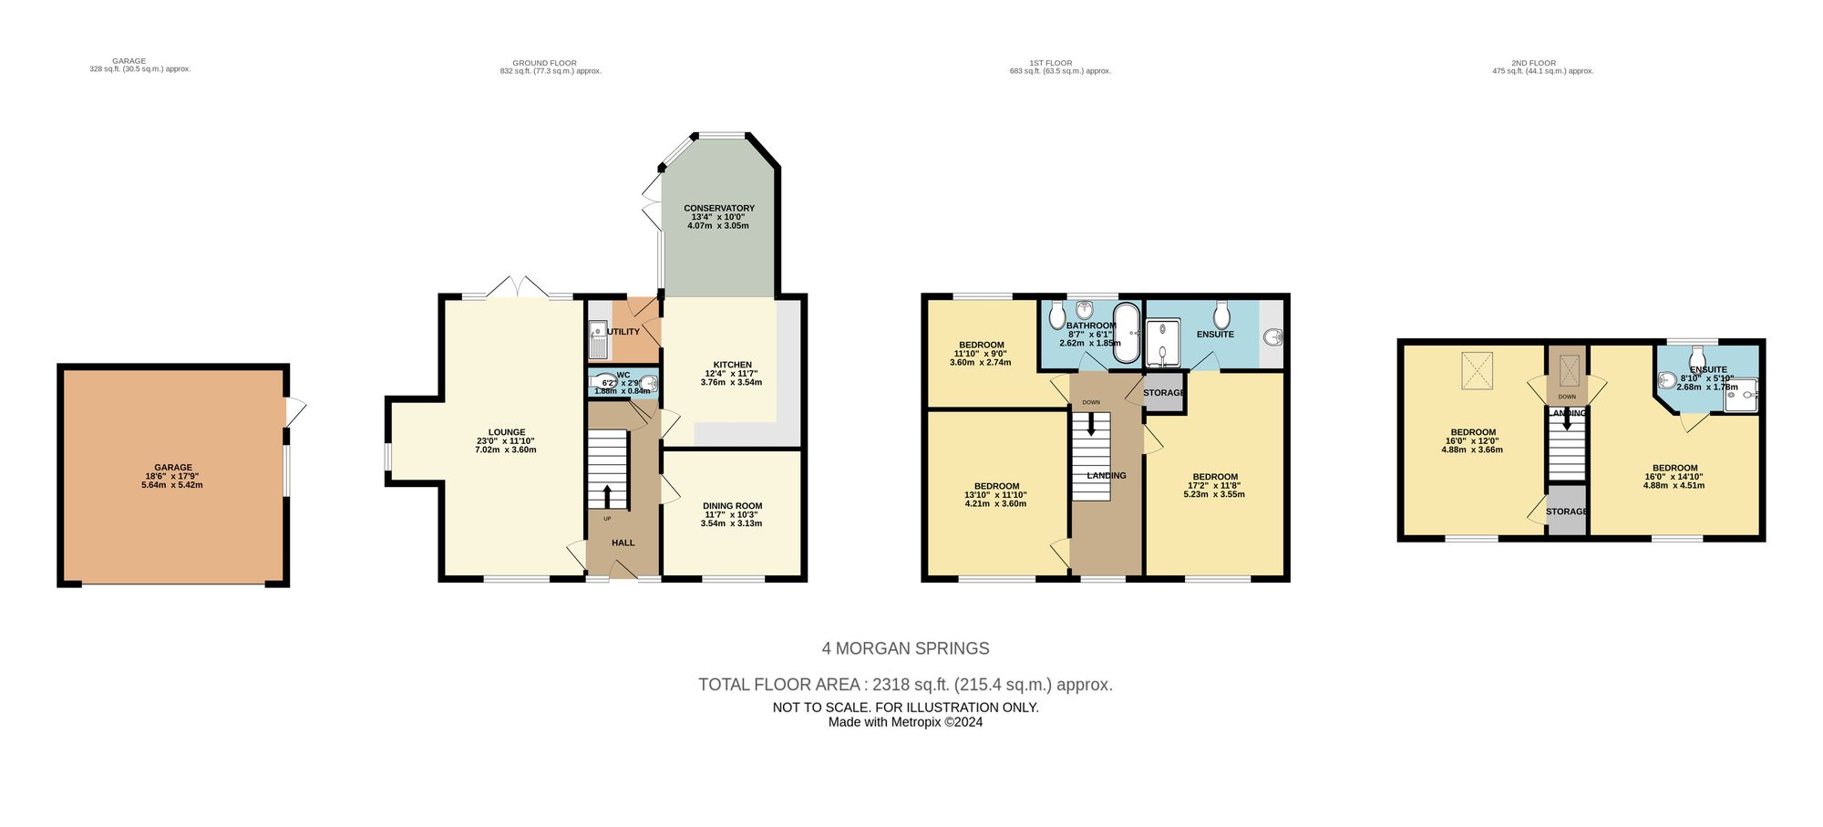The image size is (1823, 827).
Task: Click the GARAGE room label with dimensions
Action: pyautogui.click(x=172, y=476)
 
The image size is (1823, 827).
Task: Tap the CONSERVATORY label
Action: pyautogui.click(x=718, y=217)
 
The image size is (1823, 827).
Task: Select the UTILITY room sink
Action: pyautogui.click(x=598, y=339)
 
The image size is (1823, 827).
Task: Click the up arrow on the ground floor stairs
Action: pyautogui.click(x=607, y=496)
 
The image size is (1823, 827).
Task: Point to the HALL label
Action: pyautogui.click(x=623, y=543)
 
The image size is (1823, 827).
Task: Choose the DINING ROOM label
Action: pyautogui.click(x=732, y=514)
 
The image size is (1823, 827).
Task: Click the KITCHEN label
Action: pyautogui.click(x=732, y=373)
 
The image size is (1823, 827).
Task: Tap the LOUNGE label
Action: pyautogui.click(x=506, y=440)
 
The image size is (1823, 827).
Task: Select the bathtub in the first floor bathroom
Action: pyautogui.click(x=1128, y=333)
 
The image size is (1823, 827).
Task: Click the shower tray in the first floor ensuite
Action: pyautogui.click(x=1162, y=343)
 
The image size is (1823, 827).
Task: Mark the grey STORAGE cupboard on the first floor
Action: pyautogui.click(x=1163, y=393)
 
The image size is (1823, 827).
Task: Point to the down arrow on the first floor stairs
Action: pyautogui.click(x=1091, y=425)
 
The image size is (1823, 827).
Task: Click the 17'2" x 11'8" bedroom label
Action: pyautogui.click(x=1214, y=485)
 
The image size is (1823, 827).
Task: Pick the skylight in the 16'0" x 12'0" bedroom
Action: pyautogui.click(x=1477, y=370)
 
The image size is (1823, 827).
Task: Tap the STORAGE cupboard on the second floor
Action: pyautogui.click(x=1566, y=512)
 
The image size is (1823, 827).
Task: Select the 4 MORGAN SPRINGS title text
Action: pyautogui.click(x=905, y=648)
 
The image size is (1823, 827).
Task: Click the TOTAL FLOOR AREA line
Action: pyautogui.click(x=905, y=685)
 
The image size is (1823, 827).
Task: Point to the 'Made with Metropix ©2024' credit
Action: pyautogui.click(x=905, y=722)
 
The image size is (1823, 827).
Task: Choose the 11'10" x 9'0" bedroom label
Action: pyautogui.click(x=980, y=354)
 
